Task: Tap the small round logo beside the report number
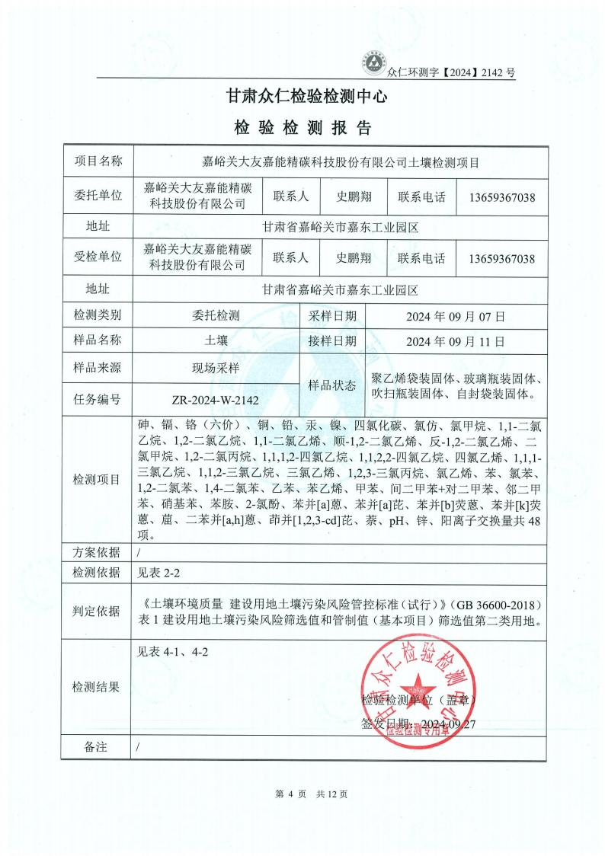(x=373, y=62)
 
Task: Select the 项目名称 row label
(x=98, y=161)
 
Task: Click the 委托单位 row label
(x=98, y=196)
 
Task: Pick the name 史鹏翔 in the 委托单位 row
(x=354, y=196)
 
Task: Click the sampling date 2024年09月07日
(x=456, y=315)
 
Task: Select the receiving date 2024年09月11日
(x=456, y=341)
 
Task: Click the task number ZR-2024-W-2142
(x=216, y=400)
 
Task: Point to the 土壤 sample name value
(x=216, y=341)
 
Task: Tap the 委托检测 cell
(x=216, y=315)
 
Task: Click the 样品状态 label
(x=332, y=385)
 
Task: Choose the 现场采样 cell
(x=216, y=368)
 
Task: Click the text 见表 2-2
(x=158, y=571)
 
